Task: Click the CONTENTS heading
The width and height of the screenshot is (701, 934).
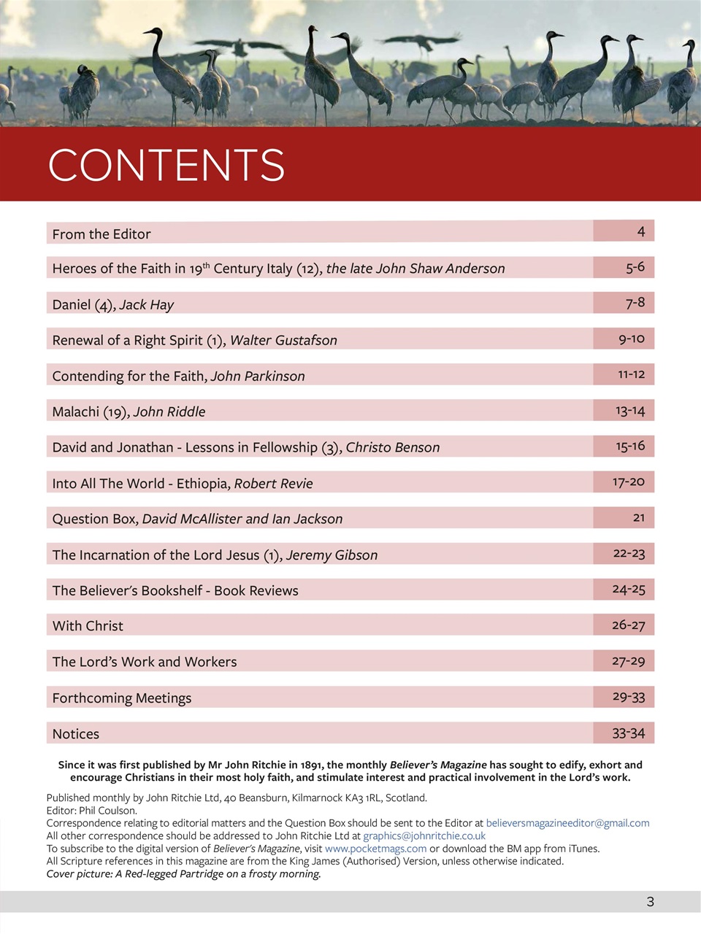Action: [166, 165]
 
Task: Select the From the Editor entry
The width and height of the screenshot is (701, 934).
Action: [101, 234]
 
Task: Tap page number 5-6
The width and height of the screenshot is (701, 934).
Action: [635, 267]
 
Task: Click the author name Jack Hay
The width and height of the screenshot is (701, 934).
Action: [147, 305]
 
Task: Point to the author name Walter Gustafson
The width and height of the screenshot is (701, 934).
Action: [283, 341]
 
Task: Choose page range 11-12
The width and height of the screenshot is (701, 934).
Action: [631, 374]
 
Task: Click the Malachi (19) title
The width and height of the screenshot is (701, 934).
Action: [90, 412]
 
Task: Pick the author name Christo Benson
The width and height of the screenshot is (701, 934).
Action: [393, 448]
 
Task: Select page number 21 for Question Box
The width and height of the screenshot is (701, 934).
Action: [638, 517]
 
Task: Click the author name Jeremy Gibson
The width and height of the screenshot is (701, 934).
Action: [332, 555]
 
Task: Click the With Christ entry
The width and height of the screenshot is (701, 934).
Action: [88, 626]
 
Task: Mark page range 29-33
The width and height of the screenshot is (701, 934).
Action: [628, 697]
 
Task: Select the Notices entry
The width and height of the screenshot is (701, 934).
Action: [76, 734]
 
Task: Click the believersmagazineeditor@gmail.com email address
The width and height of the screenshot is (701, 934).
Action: [567, 823]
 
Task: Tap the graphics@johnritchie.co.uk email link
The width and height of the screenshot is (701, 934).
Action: [424, 836]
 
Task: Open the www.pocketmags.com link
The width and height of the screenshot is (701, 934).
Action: [375, 849]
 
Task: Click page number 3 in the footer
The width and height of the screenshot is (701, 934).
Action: [650, 902]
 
